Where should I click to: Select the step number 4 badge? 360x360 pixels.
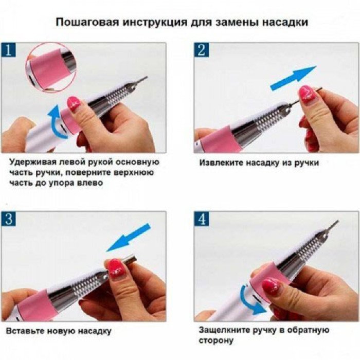tap(202, 219)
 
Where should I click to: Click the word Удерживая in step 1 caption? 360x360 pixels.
tap(30, 163)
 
